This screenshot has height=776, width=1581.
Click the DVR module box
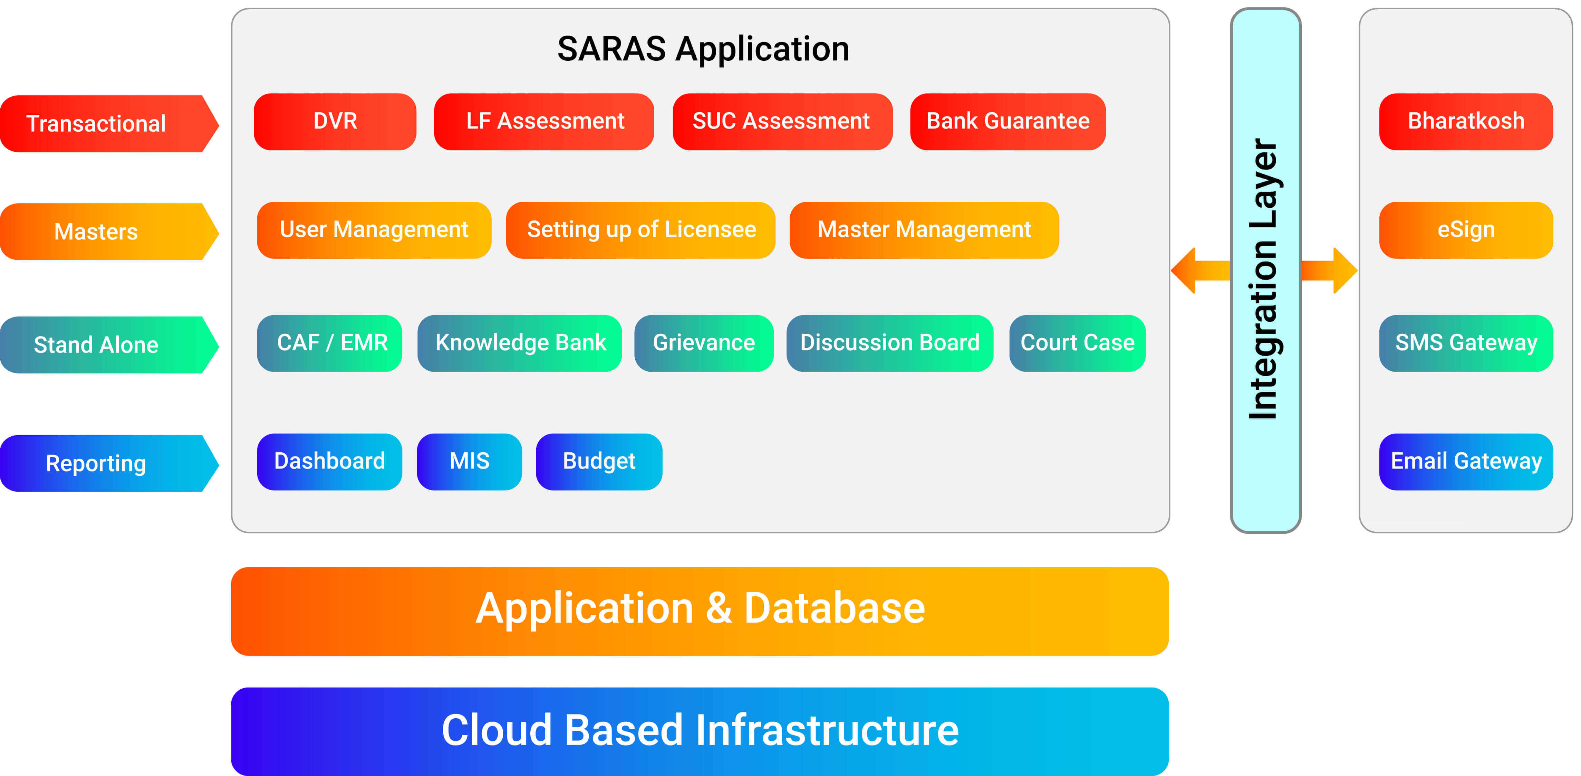335,122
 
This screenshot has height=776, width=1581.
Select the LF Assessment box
544,122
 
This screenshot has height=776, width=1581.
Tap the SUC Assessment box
782,122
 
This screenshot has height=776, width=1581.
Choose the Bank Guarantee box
1008,122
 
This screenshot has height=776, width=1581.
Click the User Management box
374,230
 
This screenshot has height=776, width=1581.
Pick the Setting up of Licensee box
641,230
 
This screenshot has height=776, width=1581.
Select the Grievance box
704,343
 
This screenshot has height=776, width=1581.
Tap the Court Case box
1078,343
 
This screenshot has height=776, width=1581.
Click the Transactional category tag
109,123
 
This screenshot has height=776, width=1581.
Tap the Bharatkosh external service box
1466,122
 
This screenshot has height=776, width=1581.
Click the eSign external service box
1466,230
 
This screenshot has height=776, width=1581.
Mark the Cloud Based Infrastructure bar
700,731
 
